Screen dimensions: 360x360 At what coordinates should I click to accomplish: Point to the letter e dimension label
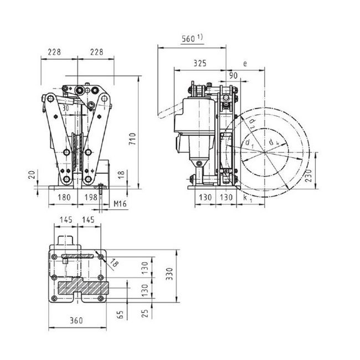pyautogui.click(x=244, y=64)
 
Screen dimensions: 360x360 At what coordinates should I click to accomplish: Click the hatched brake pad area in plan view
pyautogui.click(x=83, y=288)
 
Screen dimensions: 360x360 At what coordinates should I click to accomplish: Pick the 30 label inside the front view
pyautogui.click(x=65, y=109)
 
